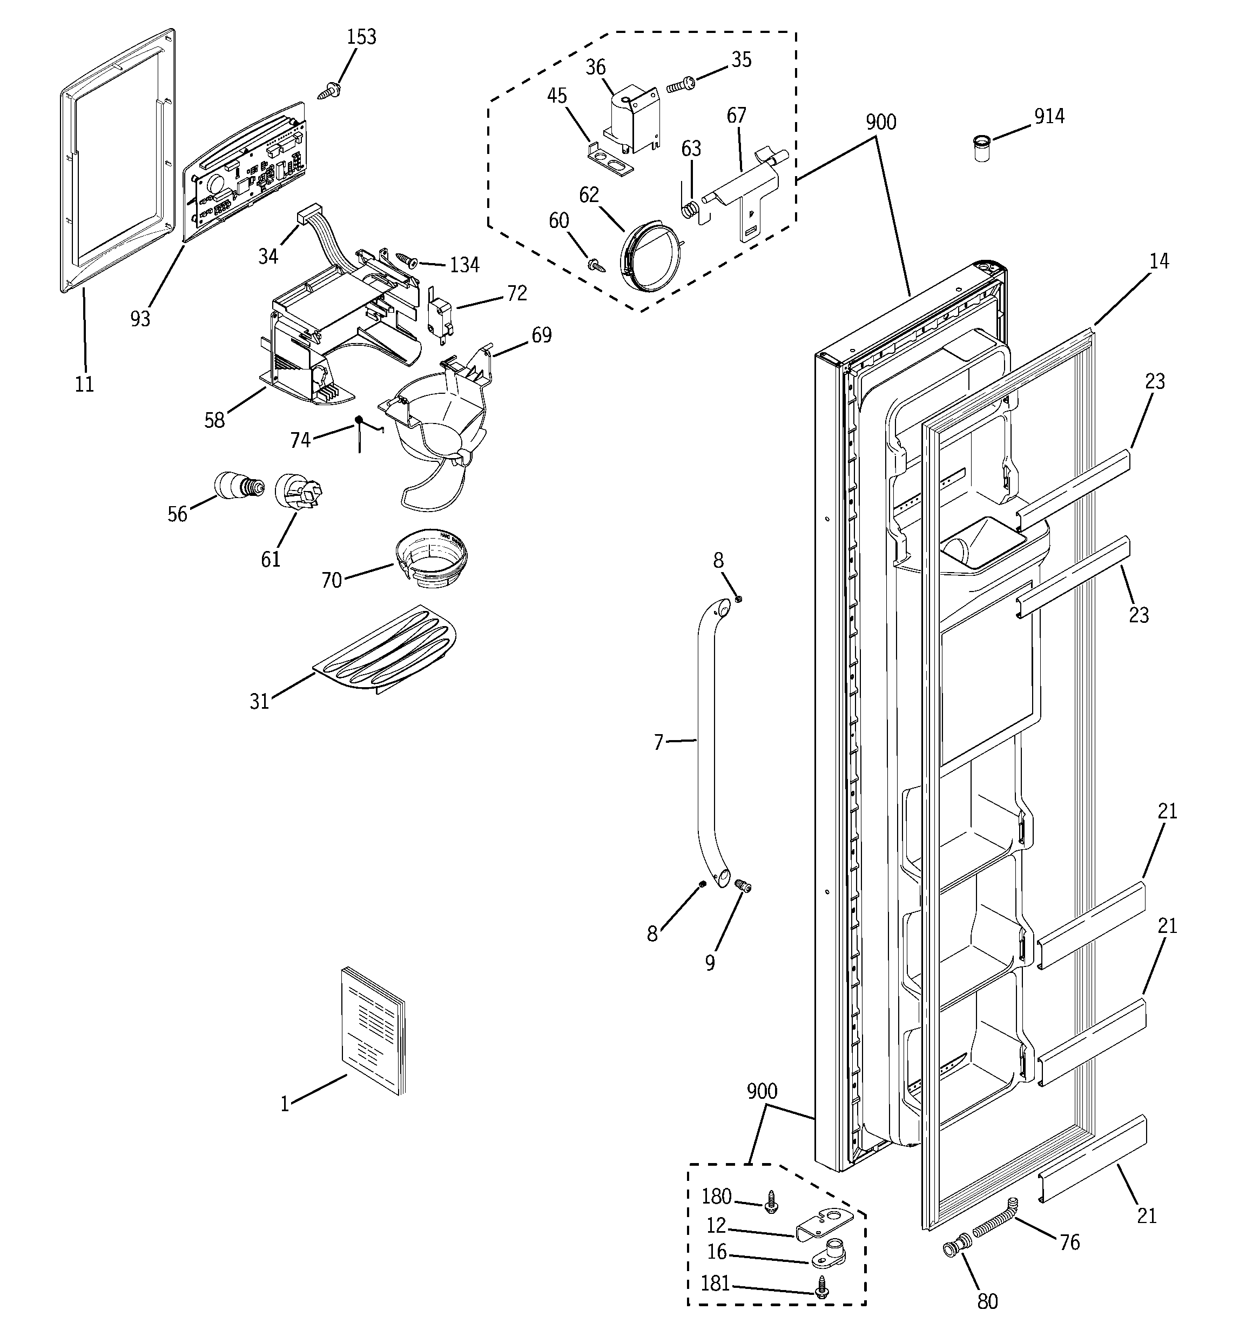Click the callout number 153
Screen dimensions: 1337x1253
pos(361,37)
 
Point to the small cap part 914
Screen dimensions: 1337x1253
pos(982,149)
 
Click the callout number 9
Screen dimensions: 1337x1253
pos(710,963)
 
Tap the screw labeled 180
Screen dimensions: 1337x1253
pos(771,1199)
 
